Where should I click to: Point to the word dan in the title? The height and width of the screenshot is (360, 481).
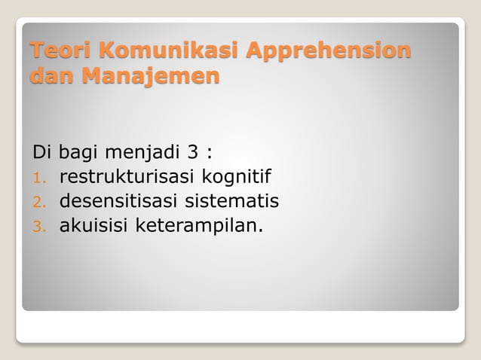click(x=47, y=76)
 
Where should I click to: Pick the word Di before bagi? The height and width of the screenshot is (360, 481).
click(x=42, y=154)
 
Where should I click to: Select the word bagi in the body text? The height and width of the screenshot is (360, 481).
click(x=79, y=154)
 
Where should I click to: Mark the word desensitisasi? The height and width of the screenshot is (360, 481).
click(x=123, y=201)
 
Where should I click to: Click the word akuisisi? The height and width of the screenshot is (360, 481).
click(x=94, y=224)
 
